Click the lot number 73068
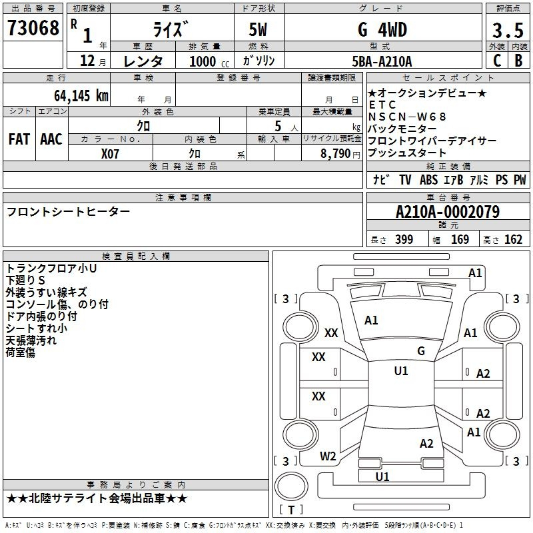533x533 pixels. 33,28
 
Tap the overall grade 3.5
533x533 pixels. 508,30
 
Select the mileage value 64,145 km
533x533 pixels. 81,95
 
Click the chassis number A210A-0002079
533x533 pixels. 448,212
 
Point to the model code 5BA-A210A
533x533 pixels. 382,61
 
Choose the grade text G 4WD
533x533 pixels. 382,29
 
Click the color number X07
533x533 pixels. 110,154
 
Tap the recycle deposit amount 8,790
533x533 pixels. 335,154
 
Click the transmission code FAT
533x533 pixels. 19,139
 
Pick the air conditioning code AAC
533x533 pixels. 51,139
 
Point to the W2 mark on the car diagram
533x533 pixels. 328,456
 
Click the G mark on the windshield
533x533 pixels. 421,351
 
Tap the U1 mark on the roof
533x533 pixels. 401,371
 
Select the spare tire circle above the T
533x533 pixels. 291,487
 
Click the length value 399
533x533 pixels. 404,239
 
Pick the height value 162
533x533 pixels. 513,239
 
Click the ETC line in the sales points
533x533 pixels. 382,105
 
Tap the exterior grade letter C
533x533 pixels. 497,61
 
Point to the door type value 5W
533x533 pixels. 258,29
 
